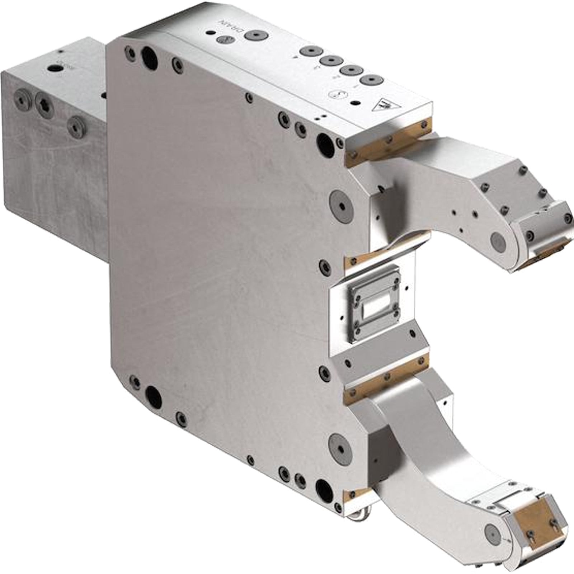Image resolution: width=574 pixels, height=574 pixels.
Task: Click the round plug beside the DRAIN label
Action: pos(255,35)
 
